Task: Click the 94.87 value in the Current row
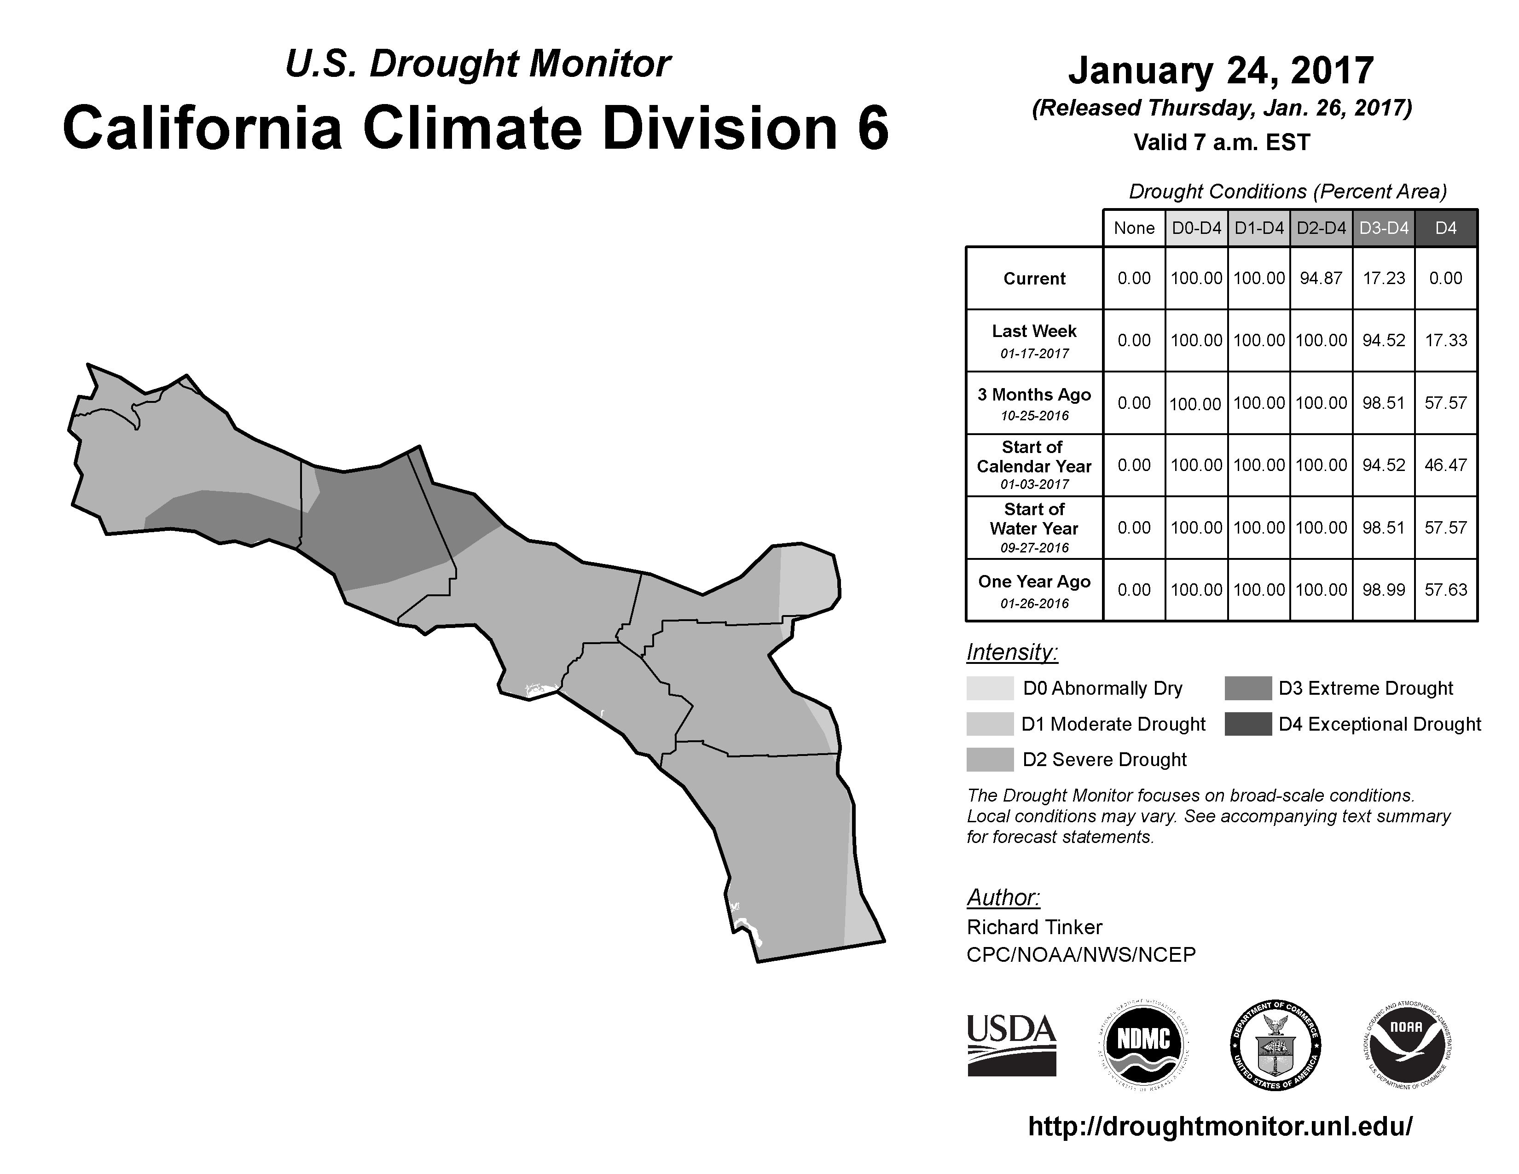tap(1321, 278)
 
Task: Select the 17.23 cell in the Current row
tap(1383, 278)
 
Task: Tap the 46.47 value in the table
tap(1445, 465)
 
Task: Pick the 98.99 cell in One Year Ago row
tap(1383, 590)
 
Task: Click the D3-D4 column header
tap(1383, 228)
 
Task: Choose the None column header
tap(1134, 228)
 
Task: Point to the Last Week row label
tap(1034, 341)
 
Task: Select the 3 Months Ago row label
tap(1034, 403)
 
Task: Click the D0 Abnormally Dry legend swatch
tap(990, 688)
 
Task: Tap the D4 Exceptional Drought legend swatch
tap(1248, 724)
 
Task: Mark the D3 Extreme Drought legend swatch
tap(1248, 688)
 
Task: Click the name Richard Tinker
tap(1034, 927)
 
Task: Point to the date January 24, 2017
tap(1221, 70)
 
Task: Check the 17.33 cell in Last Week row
tap(1445, 341)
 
